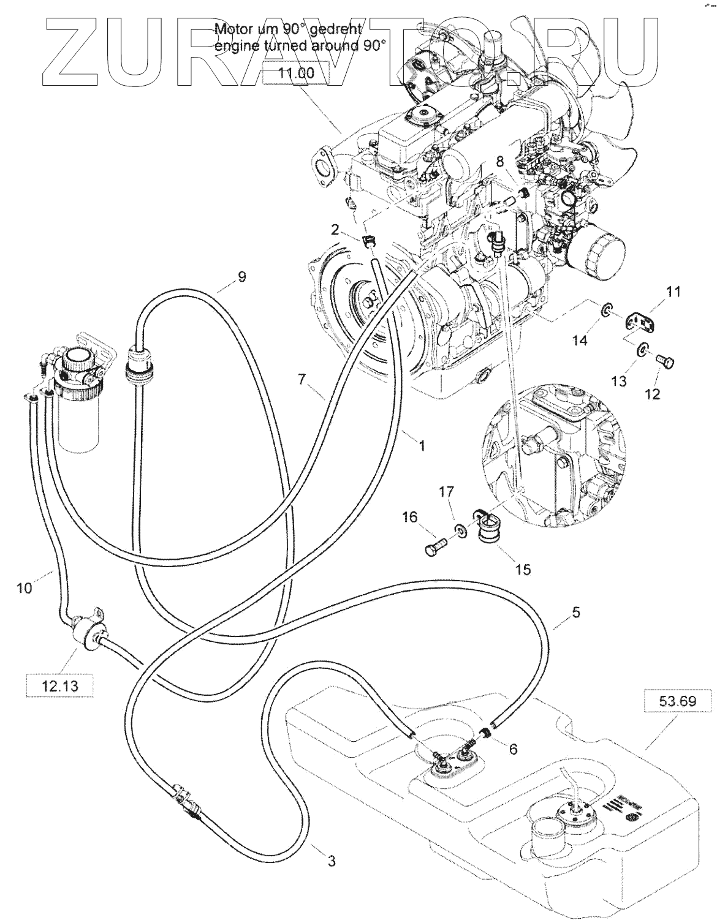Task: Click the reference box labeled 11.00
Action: pos(296,74)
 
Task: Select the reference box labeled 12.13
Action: pos(60,686)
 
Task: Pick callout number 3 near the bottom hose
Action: pos(331,861)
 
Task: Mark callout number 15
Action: pos(522,570)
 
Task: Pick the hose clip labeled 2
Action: pos(369,241)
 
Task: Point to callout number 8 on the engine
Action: pos(500,162)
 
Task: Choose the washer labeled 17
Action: pos(458,527)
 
